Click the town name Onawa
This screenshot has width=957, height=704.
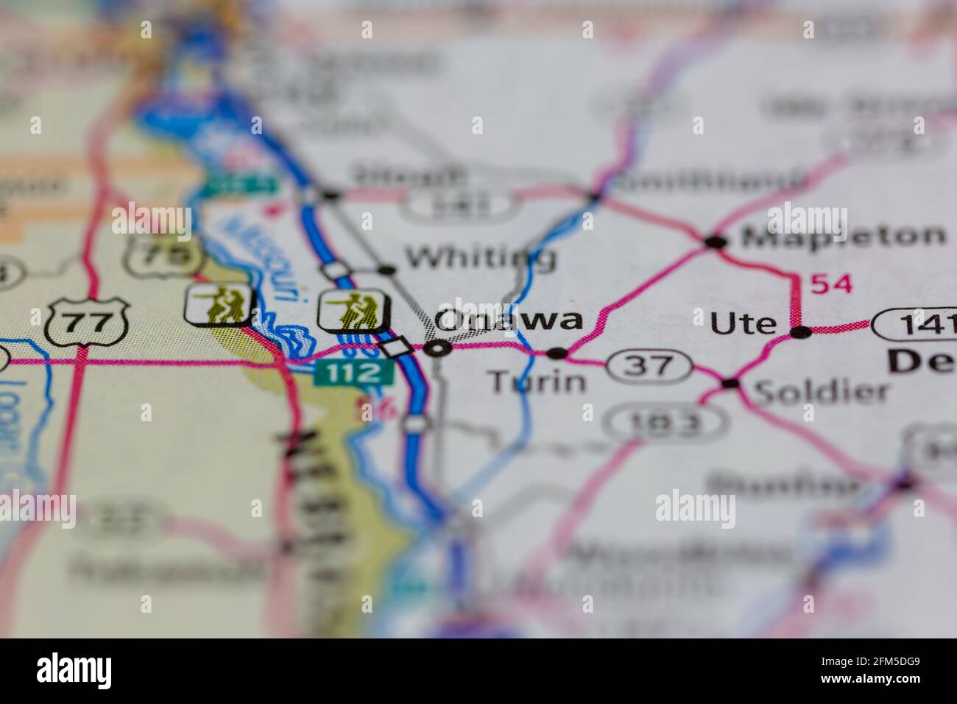(x=509, y=320)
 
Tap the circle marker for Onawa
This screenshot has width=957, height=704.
(x=439, y=348)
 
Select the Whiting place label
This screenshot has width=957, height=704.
(x=480, y=257)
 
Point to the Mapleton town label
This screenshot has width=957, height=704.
(x=843, y=236)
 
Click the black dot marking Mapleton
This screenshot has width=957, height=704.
(x=713, y=242)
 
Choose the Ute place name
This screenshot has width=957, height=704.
(x=744, y=323)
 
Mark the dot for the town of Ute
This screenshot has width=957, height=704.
(x=800, y=332)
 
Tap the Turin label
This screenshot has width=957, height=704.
(x=538, y=381)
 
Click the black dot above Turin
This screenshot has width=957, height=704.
(x=559, y=353)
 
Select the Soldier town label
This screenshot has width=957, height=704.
(x=822, y=391)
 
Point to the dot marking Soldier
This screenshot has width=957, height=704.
(x=730, y=383)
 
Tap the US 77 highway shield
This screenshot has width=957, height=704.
(x=87, y=321)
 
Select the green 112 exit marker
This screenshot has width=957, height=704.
(x=353, y=373)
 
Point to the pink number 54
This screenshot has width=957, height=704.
(x=831, y=284)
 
